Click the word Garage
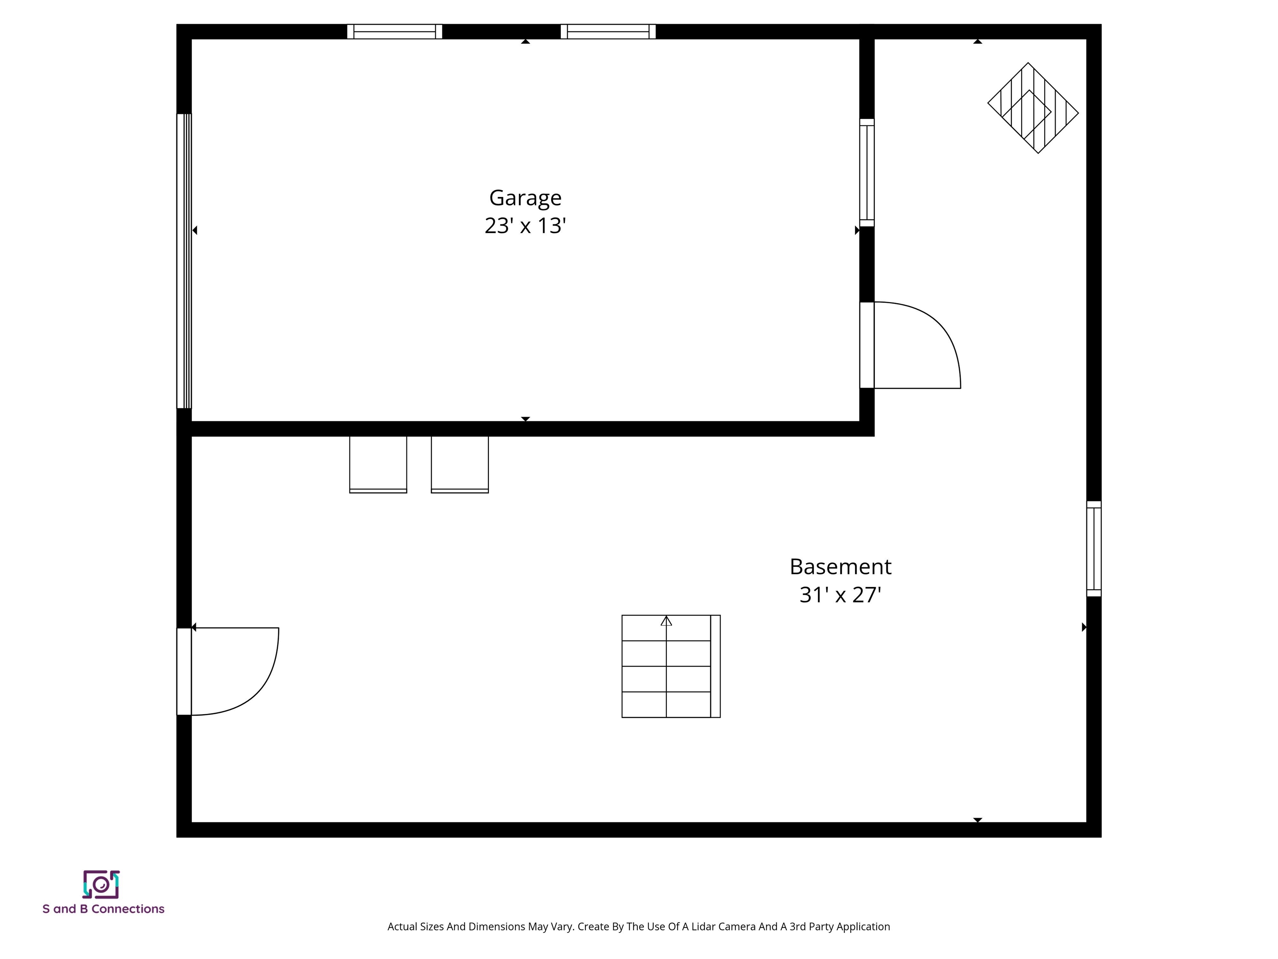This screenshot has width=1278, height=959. [x=525, y=198]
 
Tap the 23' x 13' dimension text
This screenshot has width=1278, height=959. [x=525, y=226]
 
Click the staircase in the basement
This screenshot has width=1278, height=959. [x=670, y=666]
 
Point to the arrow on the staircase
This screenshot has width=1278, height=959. [x=666, y=621]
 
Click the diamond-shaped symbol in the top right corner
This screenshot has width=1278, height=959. [x=1033, y=108]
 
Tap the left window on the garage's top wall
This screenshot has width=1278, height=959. [x=395, y=32]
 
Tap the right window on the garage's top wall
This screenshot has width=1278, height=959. [x=608, y=32]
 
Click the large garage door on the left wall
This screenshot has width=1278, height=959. [x=184, y=261]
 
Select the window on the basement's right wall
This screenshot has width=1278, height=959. [x=1094, y=549]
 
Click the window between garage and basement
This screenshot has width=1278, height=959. [x=867, y=172]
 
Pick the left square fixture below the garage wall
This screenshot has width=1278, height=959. [x=378, y=464]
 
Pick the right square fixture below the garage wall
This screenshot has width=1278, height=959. [x=459, y=464]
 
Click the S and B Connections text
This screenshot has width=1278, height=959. [x=104, y=909]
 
